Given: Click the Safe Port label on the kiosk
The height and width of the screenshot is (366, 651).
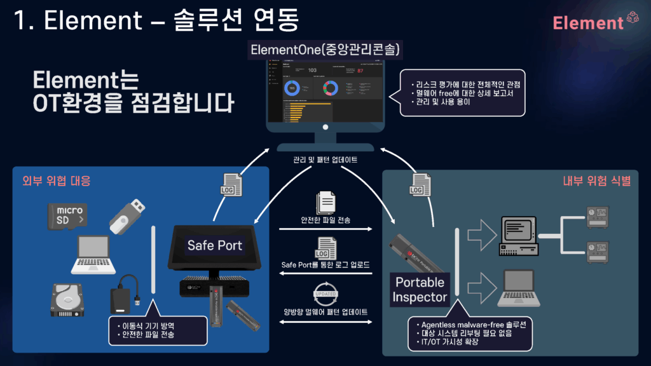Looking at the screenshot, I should (214, 245).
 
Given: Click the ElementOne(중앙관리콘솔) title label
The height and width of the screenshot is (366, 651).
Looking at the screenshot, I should (325, 50).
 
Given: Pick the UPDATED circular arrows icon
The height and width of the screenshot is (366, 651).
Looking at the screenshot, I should (325, 293).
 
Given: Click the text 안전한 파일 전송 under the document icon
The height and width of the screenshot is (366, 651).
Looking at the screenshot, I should (325, 220).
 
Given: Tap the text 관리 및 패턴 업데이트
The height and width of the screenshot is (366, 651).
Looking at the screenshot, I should (325, 159).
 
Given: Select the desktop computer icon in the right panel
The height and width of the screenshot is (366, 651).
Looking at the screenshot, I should (519, 233).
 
